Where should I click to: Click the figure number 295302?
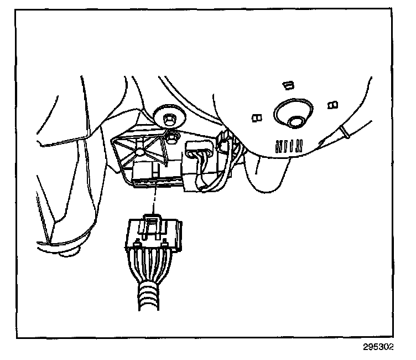click(379, 348)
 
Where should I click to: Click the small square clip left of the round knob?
click(256, 117)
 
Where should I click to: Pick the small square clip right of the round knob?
click(332, 104)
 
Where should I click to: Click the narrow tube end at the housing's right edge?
click(344, 133)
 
